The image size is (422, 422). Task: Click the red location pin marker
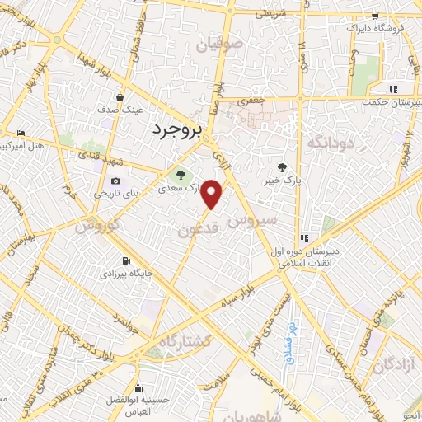click(213, 195)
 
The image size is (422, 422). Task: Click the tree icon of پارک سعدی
click(180, 174)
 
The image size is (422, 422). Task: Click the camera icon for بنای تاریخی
click(115, 181)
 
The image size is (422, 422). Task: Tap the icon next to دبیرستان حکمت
click(394, 89)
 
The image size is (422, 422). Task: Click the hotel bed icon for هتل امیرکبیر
click(21, 134)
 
